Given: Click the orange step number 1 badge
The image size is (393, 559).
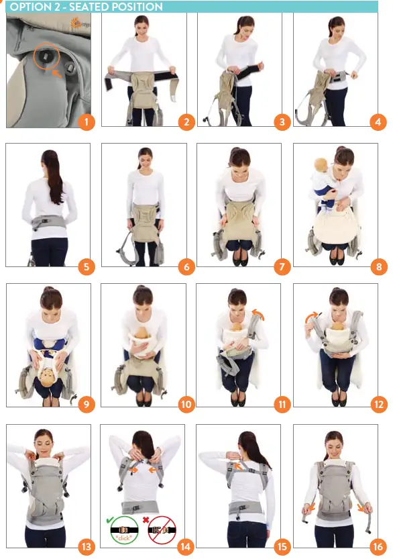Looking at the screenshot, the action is click(87, 122).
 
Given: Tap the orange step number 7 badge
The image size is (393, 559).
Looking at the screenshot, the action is click(282, 267).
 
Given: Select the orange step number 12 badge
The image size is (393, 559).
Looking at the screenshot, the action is click(379, 405).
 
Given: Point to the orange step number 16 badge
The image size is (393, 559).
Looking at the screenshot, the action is click(378, 546).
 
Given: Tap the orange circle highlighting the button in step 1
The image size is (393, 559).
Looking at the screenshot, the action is click(47, 56).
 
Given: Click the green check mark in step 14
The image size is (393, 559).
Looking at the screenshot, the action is click(110, 521).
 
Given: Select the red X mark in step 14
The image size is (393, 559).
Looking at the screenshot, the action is click(146, 520).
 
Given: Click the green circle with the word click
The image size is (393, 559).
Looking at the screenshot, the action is click(124, 530).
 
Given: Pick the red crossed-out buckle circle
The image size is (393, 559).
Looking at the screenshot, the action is click(162, 530).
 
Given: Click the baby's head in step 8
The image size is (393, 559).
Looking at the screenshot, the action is click(321, 164).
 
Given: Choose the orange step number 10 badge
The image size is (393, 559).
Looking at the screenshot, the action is click(186, 405).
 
